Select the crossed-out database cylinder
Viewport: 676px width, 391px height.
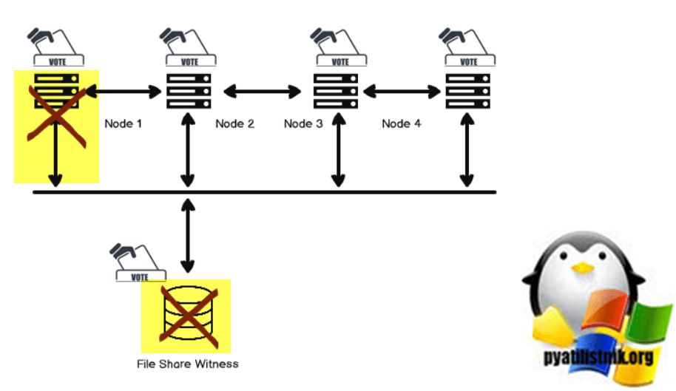point(186,316)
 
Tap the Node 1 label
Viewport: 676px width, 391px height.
point(123,123)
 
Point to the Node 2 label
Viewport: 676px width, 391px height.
point(234,123)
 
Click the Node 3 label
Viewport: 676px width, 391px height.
point(303,123)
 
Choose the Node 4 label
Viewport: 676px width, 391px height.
point(401,123)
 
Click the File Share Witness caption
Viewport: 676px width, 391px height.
point(188,364)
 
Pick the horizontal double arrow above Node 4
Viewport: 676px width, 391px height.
point(402,92)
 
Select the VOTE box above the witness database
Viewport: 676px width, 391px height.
point(139,276)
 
